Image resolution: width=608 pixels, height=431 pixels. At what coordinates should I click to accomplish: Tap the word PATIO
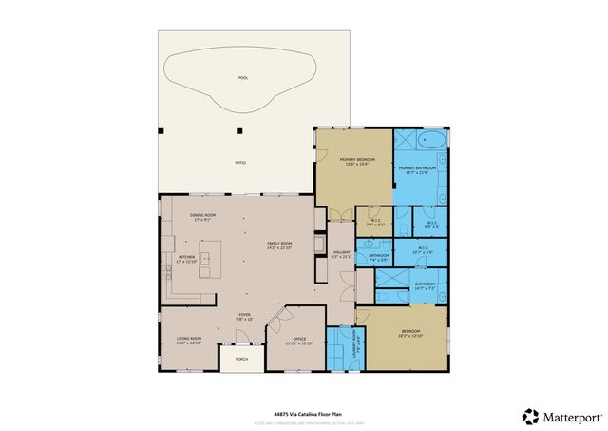[x=241, y=163]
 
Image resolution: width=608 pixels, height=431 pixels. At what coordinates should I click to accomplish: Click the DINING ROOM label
[x=203, y=215]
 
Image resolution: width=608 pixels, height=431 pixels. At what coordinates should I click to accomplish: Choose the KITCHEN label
[x=186, y=257]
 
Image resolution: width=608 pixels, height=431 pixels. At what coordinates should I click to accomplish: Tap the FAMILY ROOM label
[x=278, y=243]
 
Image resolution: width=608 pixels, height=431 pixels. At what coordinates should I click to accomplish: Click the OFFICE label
[x=299, y=339]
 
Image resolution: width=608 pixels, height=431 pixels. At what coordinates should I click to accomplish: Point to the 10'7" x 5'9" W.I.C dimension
[x=424, y=252]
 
